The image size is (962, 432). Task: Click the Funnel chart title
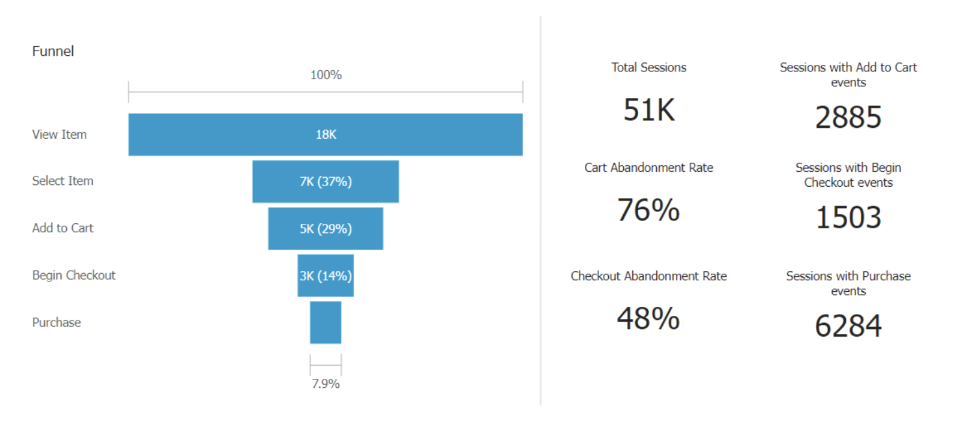[53, 51]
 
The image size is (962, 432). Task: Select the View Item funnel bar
[325, 135]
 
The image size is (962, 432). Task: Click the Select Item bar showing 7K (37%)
[325, 182]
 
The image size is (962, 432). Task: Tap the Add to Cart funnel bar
[325, 228]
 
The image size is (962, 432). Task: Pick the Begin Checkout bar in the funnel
[325, 276]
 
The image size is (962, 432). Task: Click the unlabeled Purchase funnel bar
[325, 322]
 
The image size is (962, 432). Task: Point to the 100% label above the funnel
[325, 75]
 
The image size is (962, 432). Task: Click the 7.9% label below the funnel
[325, 383]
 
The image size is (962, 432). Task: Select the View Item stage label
[59, 135]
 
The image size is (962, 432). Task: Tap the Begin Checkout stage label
[74, 275]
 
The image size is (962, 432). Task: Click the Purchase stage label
[56, 322]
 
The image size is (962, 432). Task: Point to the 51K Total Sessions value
[648, 110]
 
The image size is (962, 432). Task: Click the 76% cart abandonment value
[648, 210]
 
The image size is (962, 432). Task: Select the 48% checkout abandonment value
[648, 318]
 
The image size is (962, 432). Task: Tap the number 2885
[848, 117]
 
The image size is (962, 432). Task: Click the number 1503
[848, 218]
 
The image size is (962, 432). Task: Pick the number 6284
[848, 326]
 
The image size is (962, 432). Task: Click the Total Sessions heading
[648, 67]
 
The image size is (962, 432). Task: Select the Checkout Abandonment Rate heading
[648, 276]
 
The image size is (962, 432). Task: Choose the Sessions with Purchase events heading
[848, 283]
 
